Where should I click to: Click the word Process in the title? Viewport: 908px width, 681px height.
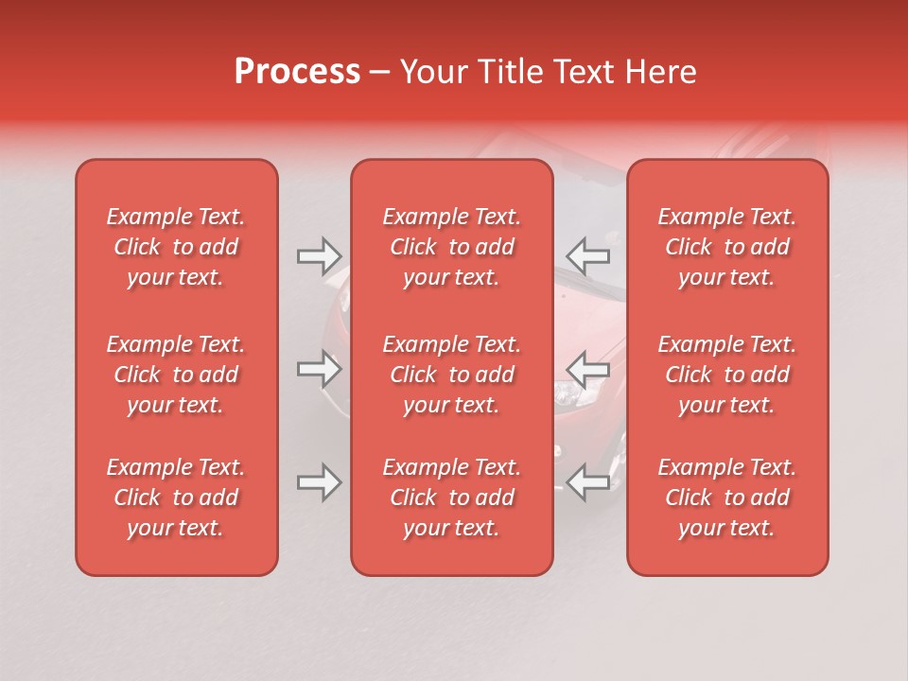[x=297, y=72]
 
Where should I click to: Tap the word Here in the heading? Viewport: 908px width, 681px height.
[x=661, y=72]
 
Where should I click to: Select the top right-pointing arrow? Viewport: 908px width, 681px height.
[x=319, y=255]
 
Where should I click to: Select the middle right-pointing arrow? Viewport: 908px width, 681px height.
[x=319, y=369]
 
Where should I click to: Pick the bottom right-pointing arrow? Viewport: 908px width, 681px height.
[x=319, y=482]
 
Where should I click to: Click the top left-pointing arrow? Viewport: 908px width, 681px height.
[x=587, y=255]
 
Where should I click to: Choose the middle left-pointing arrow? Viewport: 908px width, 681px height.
[x=587, y=369]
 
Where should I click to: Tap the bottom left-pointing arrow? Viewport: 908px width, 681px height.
[x=587, y=482]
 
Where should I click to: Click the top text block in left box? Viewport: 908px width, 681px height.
[x=176, y=247]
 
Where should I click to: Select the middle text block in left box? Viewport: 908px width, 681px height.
[x=176, y=375]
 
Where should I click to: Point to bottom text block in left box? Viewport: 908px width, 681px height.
[x=176, y=498]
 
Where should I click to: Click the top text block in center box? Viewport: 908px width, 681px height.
[x=451, y=247]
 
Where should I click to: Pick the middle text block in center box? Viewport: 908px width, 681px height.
[x=451, y=375]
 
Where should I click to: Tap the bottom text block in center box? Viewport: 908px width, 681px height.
[x=451, y=498]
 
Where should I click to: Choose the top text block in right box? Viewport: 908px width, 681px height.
[x=727, y=247]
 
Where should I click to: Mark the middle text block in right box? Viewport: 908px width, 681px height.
[x=727, y=375]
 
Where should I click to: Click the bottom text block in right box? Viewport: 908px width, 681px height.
[x=727, y=498]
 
